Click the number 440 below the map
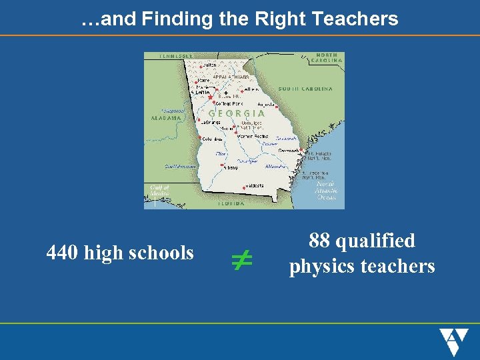point(63,253)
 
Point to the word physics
point(323,267)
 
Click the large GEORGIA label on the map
point(237,113)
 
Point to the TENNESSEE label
point(176,56)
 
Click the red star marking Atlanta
point(211,97)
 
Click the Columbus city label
point(212,139)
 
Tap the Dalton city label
point(209,65)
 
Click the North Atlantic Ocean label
point(327,191)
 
